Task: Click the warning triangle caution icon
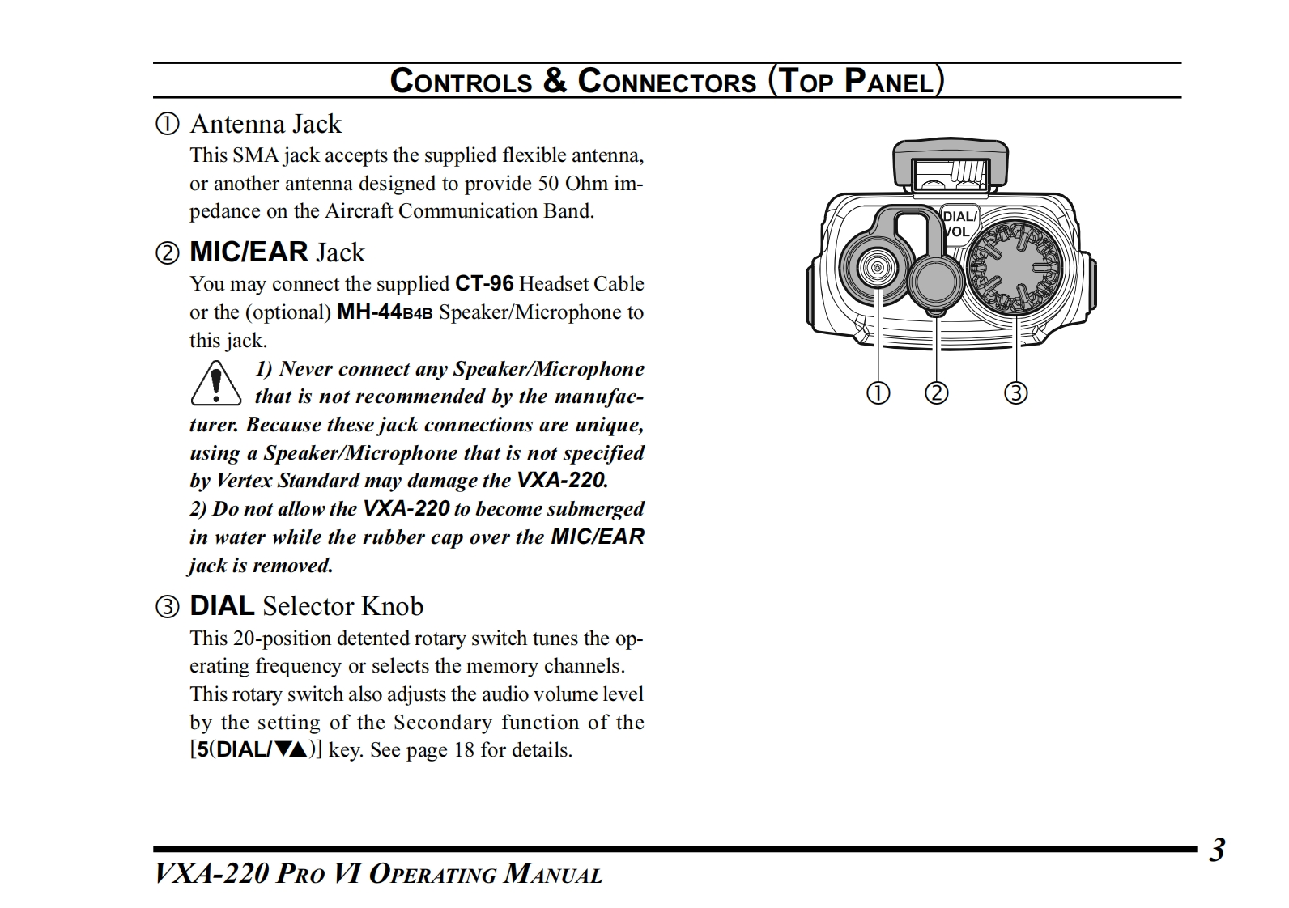[215, 383]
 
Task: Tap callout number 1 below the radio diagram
[878, 393]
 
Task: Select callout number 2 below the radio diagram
[936, 393]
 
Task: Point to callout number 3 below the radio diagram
[1015, 393]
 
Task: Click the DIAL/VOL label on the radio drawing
[959, 224]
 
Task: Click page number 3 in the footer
[1217, 851]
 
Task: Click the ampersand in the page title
[555, 81]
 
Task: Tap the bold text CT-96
[484, 284]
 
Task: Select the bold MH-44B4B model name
[385, 312]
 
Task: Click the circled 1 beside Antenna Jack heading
[168, 125]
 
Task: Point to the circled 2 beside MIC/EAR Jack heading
[168, 253]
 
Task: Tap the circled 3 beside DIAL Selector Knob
[168, 607]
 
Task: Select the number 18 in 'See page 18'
[464, 750]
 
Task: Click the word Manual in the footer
[553, 875]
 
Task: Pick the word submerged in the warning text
[595, 509]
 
